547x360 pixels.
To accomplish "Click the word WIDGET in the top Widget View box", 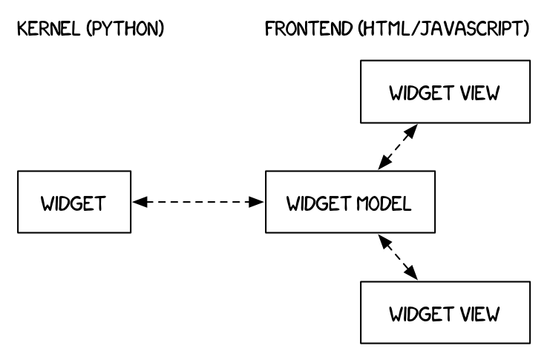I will (x=421, y=94).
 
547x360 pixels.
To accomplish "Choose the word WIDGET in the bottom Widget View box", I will (x=421, y=312).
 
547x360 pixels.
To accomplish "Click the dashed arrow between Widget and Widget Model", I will (x=198, y=201).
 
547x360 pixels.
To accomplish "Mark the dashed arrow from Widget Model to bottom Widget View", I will (x=398, y=258).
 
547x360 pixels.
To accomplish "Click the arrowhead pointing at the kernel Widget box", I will (x=137, y=201).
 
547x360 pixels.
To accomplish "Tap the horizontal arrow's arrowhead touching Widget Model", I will (x=260, y=201).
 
